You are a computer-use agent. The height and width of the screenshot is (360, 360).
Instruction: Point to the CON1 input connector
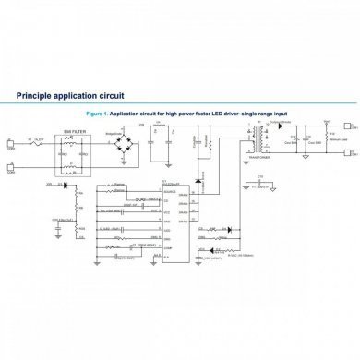[11, 142]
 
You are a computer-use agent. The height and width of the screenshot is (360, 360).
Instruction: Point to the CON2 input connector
[11, 168]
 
